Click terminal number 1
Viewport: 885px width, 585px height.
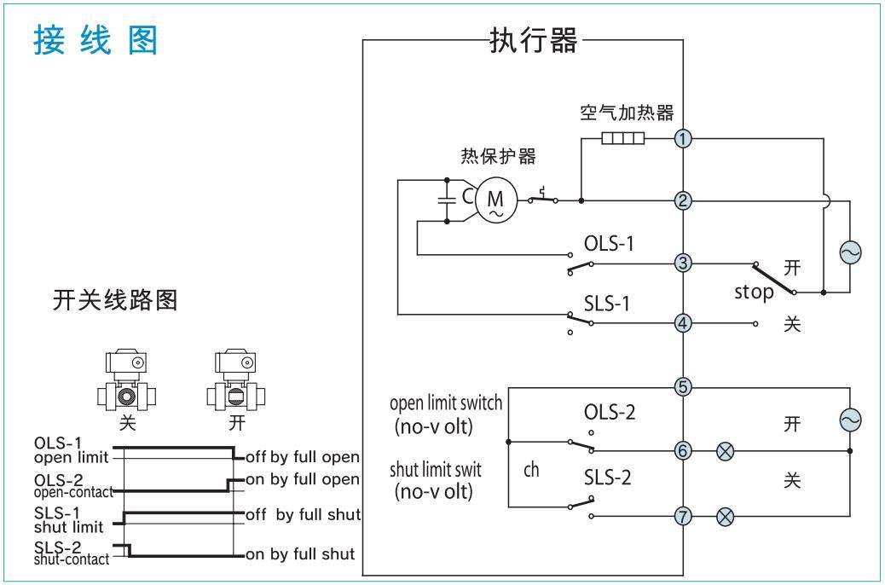[x=682, y=139]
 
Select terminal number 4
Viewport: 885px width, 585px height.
[x=682, y=323]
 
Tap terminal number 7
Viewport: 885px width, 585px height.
[x=682, y=515]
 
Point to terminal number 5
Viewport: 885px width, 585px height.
[x=682, y=386]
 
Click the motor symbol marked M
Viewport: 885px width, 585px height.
[x=494, y=201]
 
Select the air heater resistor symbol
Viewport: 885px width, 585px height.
[x=622, y=139]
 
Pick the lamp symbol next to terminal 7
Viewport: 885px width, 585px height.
[x=726, y=515]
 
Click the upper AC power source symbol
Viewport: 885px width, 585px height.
[x=850, y=252]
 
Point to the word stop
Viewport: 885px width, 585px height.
[x=754, y=292]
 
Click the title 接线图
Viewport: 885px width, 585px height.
[x=95, y=40]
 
